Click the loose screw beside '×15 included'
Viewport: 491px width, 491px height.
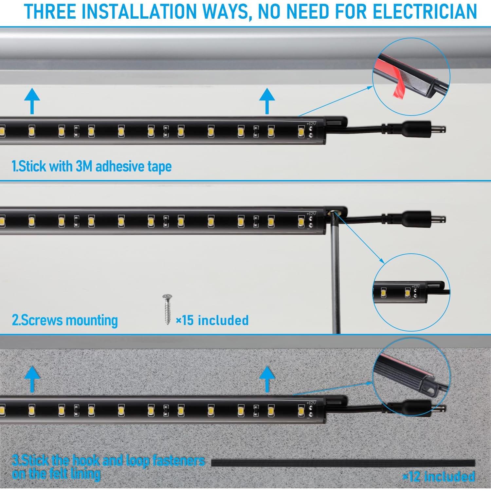167,309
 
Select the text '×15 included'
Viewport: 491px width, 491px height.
212,320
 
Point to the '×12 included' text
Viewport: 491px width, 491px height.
439,477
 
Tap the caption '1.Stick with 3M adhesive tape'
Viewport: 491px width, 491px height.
92,166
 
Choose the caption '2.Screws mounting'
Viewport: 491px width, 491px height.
65,320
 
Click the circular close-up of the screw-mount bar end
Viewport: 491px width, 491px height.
411,292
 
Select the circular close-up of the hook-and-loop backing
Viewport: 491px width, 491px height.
411,376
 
